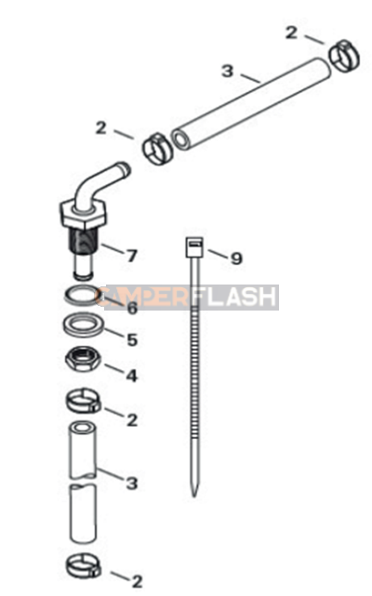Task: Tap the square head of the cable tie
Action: click(194, 246)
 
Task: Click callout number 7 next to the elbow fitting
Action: click(131, 254)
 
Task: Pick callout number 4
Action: click(131, 376)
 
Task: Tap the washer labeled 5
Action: click(84, 326)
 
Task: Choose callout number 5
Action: click(131, 340)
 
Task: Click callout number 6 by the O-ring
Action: click(131, 308)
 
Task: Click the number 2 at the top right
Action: click(292, 33)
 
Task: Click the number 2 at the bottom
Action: click(137, 582)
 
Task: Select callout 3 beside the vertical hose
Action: click(132, 483)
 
